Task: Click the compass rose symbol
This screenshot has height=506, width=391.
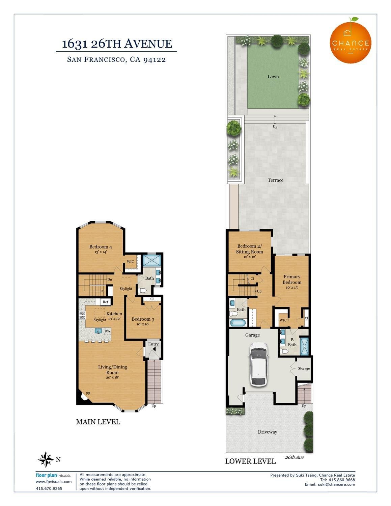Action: pos(46,459)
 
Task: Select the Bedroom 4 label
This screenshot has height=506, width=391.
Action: pos(101,247)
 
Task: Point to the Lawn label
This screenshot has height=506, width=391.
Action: pos(273,76)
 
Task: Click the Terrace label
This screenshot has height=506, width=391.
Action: pos(275,180)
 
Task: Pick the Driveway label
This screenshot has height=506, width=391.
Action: pos(268,432)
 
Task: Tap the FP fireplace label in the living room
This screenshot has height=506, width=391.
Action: pos(88,394)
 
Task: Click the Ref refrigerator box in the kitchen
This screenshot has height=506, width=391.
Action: pos(106,302)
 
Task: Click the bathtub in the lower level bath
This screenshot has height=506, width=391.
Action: pos(238,323)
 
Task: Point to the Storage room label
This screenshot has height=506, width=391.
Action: pos(304,368)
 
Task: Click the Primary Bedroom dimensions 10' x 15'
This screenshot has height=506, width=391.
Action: pos(292,287)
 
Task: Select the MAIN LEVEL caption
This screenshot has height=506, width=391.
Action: pos(98,422)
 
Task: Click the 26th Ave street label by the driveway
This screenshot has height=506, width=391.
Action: pos(295,457)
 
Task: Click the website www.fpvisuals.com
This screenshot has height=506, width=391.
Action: pos(54,482)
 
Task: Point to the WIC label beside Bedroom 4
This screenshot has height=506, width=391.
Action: pos(130,262)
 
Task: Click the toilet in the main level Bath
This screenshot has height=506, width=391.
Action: pos(142,290)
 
